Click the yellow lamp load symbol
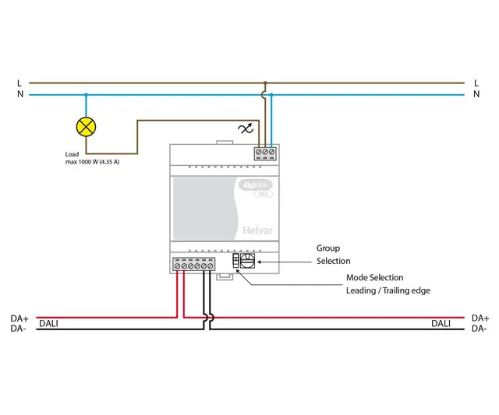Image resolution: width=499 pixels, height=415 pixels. coord(85,125)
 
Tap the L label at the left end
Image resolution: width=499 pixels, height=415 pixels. coord(19,83)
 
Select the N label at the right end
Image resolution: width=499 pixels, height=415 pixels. coord(476,94)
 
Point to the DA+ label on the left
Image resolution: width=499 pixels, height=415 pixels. coord(19,318)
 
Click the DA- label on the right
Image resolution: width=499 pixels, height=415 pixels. coord(480,329)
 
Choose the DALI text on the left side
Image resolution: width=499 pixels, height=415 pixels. coord(48,323)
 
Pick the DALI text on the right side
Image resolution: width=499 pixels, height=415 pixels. coord(441,323)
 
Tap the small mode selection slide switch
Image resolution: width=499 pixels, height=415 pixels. coord(236,262)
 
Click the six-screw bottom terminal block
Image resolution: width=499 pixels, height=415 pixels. coord(193,266)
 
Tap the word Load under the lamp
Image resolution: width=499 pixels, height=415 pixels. coord(73,154)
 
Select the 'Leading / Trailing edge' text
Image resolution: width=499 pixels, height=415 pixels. coord(388,290)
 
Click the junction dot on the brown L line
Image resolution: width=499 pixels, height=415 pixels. coord(265,83)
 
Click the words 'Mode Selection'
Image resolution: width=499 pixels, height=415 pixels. coord(374,277)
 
